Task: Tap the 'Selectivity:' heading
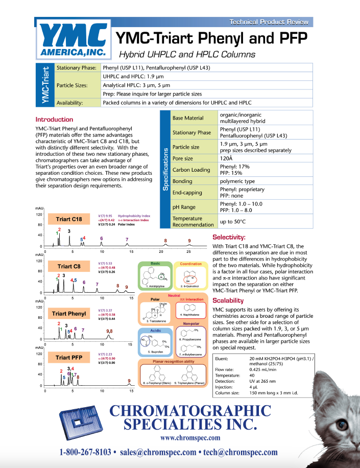229,238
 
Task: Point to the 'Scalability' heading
229,300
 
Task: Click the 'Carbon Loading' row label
191,170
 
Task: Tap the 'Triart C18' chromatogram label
69,220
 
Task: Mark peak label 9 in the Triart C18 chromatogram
189,241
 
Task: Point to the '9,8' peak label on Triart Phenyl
109,332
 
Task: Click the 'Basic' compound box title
155,264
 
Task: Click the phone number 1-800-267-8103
85,452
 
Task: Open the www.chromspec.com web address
190,438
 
